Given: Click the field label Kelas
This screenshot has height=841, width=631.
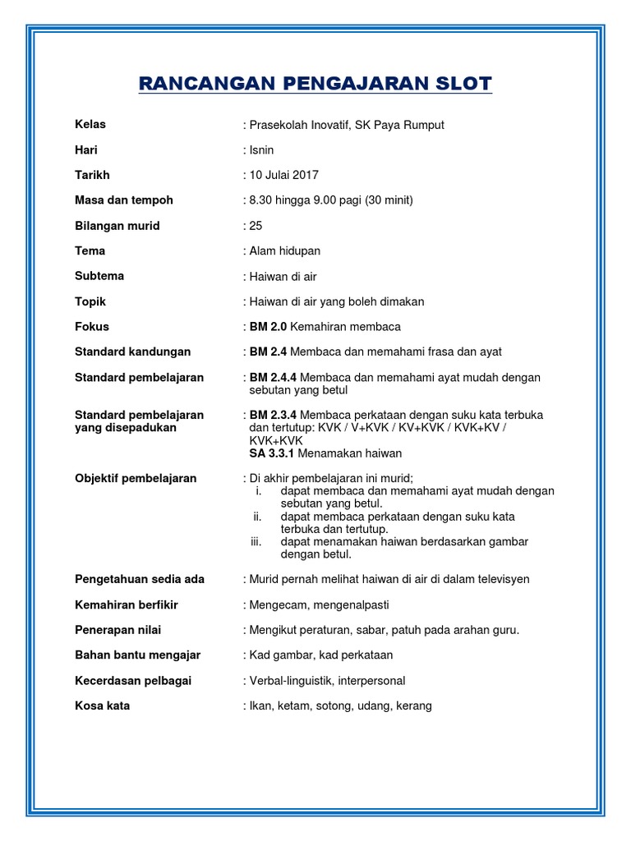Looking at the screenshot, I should (x=90, y=125).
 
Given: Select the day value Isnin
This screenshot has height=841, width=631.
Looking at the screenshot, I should (x=262, y=150).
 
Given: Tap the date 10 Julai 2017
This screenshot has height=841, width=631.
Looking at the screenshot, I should (x=284, y=175).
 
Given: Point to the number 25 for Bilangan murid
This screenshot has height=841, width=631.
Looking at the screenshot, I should (x=256, y=226).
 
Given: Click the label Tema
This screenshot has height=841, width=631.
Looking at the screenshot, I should (x=90, y=250).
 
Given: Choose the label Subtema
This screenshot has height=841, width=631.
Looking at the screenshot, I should (x=99, y=276).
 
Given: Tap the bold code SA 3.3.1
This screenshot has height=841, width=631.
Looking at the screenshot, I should (x=271, y=453).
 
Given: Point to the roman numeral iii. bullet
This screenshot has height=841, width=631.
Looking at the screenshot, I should (x=256, y=542).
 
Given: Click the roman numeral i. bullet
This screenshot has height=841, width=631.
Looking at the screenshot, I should (x=258, y=491).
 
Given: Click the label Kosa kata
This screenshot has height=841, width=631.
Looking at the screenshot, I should (x=102, y=706).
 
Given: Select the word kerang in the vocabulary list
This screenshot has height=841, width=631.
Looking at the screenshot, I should (x=414, y=706).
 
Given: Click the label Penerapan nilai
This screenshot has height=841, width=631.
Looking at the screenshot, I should (x=117, y=630).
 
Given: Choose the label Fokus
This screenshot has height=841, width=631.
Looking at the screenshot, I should (x=91, y=327).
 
